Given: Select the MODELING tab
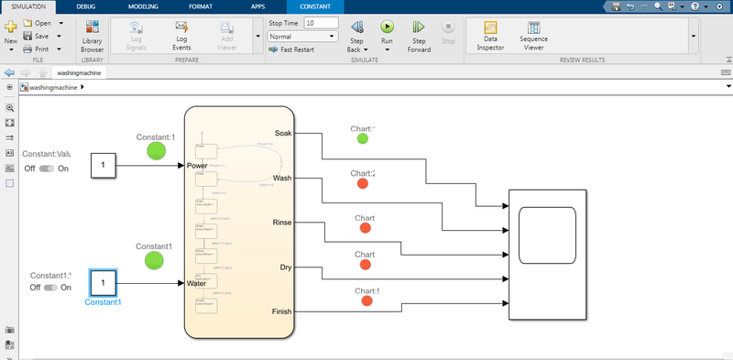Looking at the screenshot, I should [x=143, y=5].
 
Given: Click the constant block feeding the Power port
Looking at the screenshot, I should [x=104, y=166].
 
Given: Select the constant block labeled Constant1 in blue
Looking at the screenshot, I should [x=104, y=282].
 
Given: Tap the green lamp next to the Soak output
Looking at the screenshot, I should [x=363, y=139].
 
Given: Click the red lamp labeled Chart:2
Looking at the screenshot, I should [x=363, y=184].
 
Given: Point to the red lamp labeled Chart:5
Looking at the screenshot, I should [x=366, y=300].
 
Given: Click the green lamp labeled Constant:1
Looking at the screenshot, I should [x=156, y=150].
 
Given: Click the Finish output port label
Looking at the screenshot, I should [x=282, y=312].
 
